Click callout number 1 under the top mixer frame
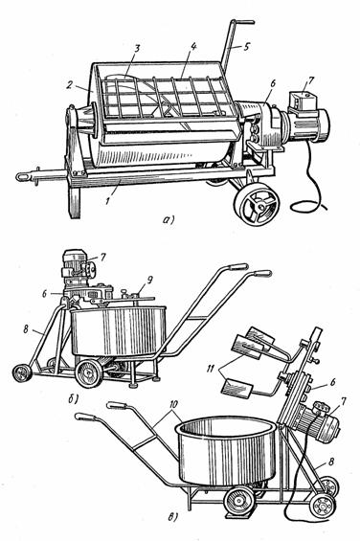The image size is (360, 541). (108, 200)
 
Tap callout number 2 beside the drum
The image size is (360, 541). (70, 85)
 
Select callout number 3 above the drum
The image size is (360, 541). (137, 48)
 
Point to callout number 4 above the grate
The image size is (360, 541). (193, 46)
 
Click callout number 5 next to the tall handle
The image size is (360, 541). (246, 47)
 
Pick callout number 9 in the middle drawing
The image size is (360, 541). (148, 281)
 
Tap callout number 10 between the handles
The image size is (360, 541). (173, 404)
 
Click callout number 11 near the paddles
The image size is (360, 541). (211, 369)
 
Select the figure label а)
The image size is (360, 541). (169, 219)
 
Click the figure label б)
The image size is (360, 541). (74, 399)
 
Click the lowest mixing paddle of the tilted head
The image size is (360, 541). (237, 390)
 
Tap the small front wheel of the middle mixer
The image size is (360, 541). (21, 373)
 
